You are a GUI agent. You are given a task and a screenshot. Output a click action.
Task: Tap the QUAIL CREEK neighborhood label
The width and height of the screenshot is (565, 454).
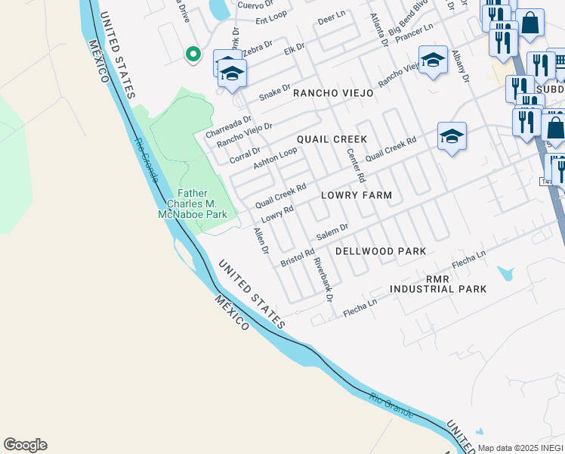332,139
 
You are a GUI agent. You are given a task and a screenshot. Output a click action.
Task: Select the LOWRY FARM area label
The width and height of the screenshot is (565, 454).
357,195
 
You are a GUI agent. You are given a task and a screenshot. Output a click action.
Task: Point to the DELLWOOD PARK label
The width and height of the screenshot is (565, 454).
381,250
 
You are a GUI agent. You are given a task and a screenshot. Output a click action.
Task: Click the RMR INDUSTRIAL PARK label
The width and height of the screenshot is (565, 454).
438,285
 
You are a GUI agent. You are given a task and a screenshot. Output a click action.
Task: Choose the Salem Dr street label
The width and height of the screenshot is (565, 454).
332,232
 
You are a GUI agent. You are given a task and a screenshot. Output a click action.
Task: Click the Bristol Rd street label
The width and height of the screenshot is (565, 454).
297,257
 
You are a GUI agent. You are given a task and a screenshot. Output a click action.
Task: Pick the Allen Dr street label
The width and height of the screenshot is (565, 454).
261,241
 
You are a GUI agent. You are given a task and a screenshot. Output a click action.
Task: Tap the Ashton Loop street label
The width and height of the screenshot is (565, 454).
275,158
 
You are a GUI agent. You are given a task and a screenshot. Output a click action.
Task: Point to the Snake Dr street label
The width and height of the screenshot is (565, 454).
273,92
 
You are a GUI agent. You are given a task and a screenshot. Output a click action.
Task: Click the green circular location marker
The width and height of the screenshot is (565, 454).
193,54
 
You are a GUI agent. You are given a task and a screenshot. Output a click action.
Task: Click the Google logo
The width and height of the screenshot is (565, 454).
25,445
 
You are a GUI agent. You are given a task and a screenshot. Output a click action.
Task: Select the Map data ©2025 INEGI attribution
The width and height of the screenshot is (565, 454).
520,448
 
